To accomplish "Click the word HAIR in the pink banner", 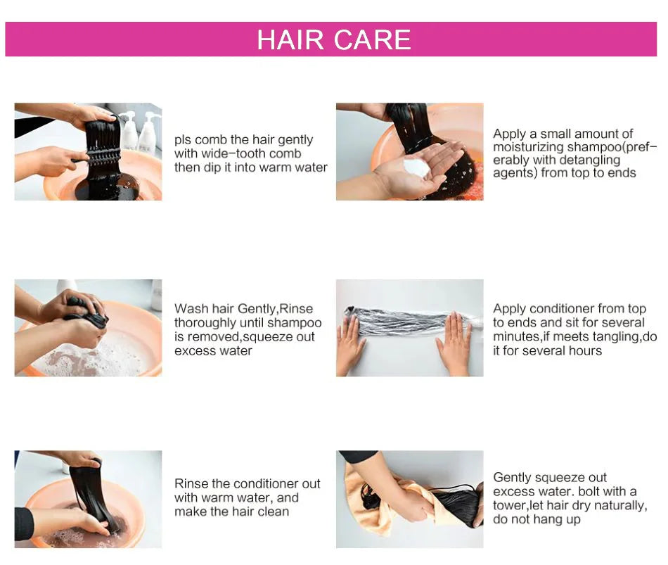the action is tap(290, 39).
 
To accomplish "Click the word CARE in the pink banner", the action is tap(372, 39).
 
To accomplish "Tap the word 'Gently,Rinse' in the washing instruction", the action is tap(275, 309).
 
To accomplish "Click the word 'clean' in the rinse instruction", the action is tap(273, 512).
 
